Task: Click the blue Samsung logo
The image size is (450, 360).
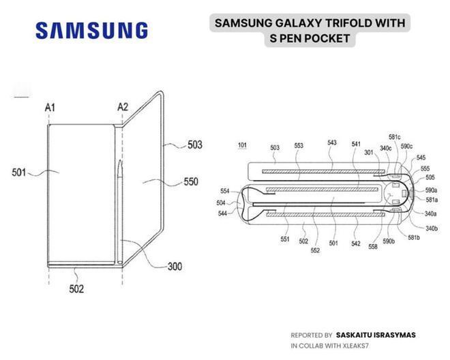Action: pyautogui.click(x=92, y=31)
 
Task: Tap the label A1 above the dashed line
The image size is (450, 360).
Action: pyautogui.click(x=50, y=107)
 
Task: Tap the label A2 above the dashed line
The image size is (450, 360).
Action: pyautogui.click(x=123, y=107)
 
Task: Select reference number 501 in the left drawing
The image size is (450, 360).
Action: pyautogui.click(x=19, y=172)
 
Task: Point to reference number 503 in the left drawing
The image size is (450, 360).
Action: pyautogui.click(x=195, y=145)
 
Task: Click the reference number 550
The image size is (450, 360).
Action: pyautogui.click(x=191, y=181)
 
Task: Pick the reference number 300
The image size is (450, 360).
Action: pyautogui.click(x=175, y=267)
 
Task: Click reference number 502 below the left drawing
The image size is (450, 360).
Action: pyautogui.click(x=76, y=289)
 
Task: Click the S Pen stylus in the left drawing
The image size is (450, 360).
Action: pyautogui.click(x=120, y=211)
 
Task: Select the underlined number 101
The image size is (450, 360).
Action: pyautogui.click(x=242, y=145)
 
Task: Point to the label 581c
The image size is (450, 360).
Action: pyautogui.click(x=395, y=137)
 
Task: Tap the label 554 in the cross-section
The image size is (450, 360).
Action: pyautogui.click(x=225, y=191)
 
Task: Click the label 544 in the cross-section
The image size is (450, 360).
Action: pyautogui.click(x=222, y=213)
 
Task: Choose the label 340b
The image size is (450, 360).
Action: pyautogui.click(x=432, y=228)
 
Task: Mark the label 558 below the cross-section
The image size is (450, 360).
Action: pyautogui.click(x=373, y=246)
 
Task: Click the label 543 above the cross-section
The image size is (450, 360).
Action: pyautogui.click(x=332, y=142)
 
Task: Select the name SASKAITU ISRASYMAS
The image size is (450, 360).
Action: pyautogui.click(x=376, y=335)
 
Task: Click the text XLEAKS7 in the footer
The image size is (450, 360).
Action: pyautogui.click(x=354, y=346)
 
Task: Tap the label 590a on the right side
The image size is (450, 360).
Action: pyautogui.click(x=431, y=190)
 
